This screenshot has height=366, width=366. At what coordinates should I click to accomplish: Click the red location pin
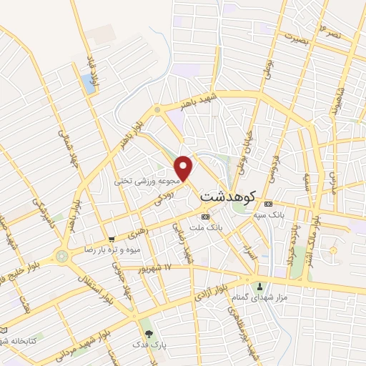click(184, 167)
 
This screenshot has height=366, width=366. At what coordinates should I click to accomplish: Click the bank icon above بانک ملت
click(205, 216)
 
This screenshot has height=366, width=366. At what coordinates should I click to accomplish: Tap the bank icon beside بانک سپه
click(269, 204)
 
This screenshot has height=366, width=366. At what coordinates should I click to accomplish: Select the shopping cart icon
click(111, 239)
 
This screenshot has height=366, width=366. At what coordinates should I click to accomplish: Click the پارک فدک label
click(149, 345)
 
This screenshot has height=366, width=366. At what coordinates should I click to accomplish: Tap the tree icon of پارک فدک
click(149, 333)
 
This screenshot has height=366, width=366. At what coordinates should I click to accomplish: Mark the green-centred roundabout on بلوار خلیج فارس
click(62, 255)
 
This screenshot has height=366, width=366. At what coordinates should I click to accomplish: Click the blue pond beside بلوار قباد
click(89, 83)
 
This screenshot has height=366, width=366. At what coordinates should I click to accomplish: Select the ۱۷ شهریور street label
click(158, 268)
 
